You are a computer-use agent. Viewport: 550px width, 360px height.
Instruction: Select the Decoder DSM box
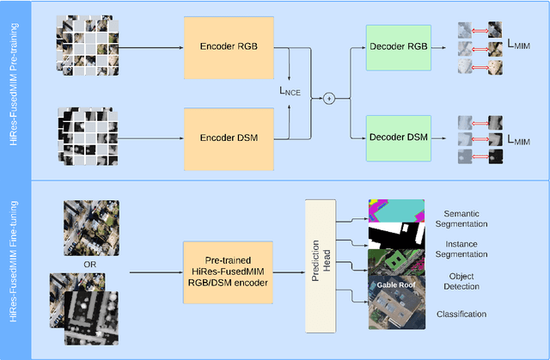[400, 135]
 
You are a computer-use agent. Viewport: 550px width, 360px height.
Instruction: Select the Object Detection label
[463, 280]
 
